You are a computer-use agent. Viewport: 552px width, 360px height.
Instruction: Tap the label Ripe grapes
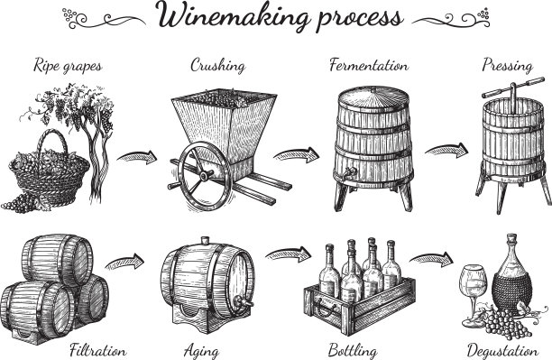(68, 66)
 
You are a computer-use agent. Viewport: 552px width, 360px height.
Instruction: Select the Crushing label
(218, 66)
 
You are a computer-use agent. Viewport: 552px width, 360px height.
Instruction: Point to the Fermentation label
(369, 66)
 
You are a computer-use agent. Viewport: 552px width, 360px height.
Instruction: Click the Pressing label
(507, 66)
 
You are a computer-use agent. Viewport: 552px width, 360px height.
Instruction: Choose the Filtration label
(98, 350)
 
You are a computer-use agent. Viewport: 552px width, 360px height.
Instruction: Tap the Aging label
(201, 352)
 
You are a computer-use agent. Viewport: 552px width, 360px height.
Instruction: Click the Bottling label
(353, 351)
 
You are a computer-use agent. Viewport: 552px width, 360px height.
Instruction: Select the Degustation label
(502, 351)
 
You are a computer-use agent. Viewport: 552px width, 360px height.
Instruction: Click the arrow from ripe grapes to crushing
(137, 157)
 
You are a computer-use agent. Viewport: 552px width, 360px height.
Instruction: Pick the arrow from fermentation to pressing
(446, 151)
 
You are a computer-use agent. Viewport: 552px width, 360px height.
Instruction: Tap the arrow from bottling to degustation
(431, 260)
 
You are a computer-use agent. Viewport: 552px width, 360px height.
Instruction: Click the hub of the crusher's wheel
(204, 175)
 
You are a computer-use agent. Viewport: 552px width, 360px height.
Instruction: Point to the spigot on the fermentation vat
(350, 172)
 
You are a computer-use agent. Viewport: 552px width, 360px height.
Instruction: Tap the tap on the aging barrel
(243, 302)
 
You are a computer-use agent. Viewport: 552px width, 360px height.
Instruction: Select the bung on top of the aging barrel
(205, 241)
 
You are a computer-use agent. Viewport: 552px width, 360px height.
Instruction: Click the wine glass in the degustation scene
(473, 295)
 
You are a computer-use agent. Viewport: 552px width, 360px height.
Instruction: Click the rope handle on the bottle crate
(322, 306)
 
